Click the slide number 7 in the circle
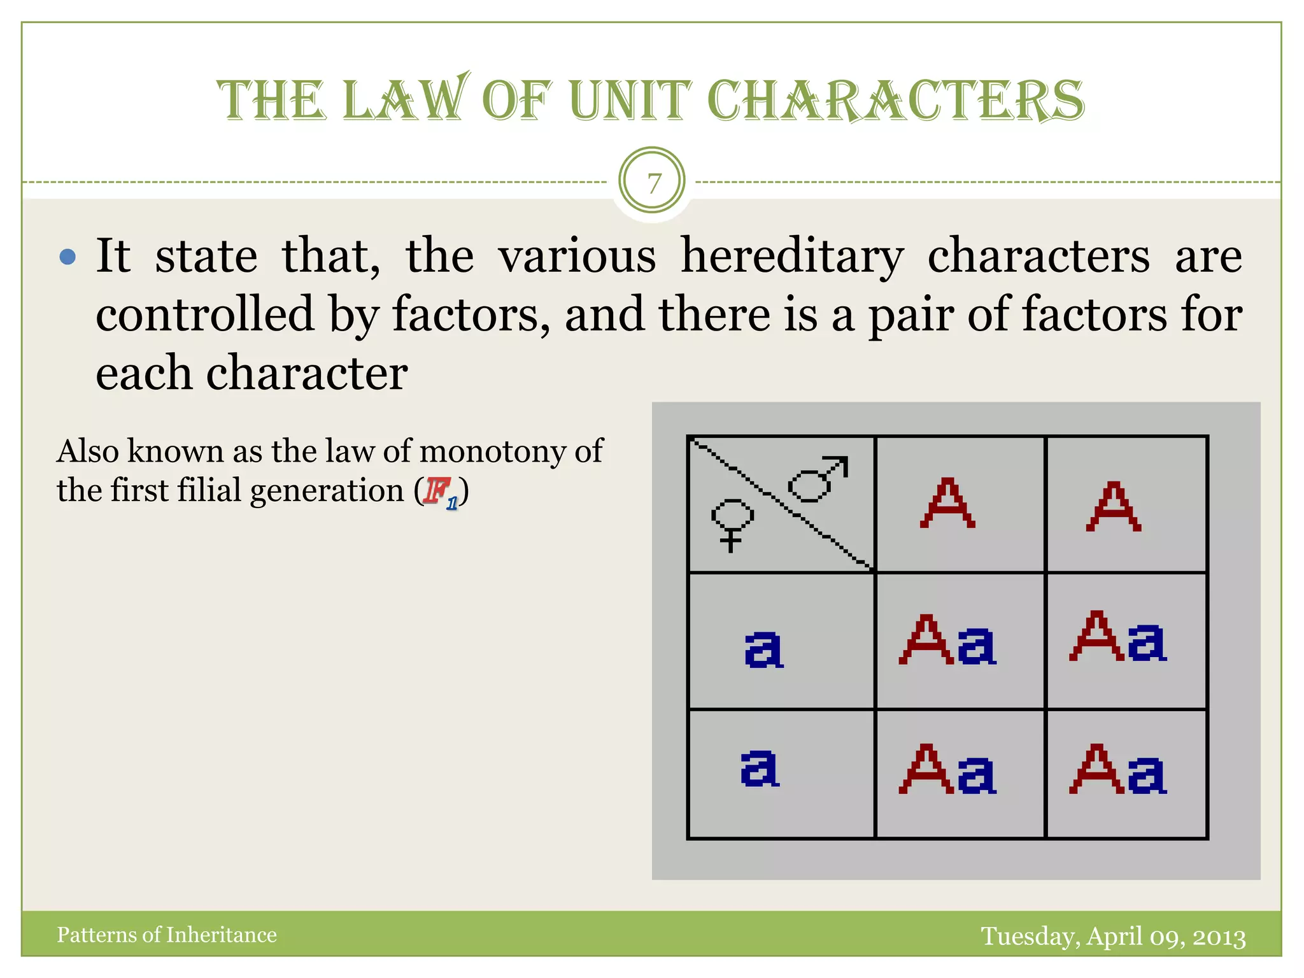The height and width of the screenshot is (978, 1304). [x=653, y=183]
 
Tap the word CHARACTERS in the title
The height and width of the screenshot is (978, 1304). [x=895, y=101]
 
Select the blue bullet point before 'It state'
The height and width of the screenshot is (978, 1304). [x=67, y=257]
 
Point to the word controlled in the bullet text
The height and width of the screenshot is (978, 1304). [x=205, y=315]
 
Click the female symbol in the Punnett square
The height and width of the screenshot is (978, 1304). [x=732, y=524]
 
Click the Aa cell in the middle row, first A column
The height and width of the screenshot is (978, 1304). [x=947, y=641]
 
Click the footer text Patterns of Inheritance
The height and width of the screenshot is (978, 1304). [x=167, y=935]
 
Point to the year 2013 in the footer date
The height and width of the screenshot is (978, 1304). [x=1219, y=937]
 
